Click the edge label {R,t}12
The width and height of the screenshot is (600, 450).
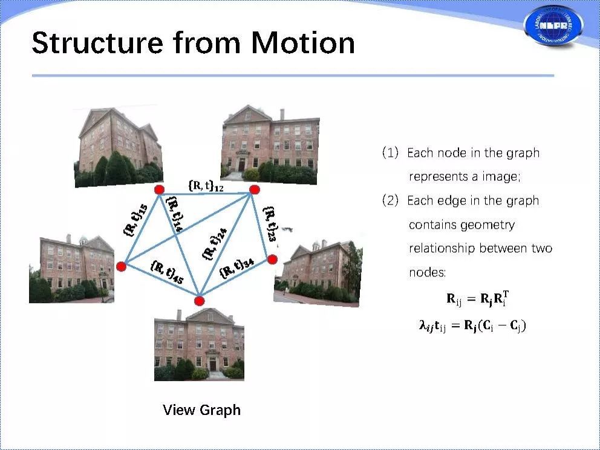coord(206,186)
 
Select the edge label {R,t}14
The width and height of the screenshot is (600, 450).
coord(175,214)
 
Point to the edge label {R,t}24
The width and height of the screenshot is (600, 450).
coord(215,243)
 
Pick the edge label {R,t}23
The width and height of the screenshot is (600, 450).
coord(270,224)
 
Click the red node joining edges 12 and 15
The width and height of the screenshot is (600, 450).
coord(160,190)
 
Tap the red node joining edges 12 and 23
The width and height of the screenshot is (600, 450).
coord(255,190)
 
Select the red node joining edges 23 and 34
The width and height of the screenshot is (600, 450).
coord(272,259)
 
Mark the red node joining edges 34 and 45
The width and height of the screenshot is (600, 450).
coord(200,301)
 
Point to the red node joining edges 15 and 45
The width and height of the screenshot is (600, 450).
coord(122,266)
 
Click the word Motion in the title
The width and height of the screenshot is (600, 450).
coord(303,43)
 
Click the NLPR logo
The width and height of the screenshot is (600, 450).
coord(553,26)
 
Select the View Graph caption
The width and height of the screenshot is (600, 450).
coord(201,410)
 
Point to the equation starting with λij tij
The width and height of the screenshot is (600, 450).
coord(472,326)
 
